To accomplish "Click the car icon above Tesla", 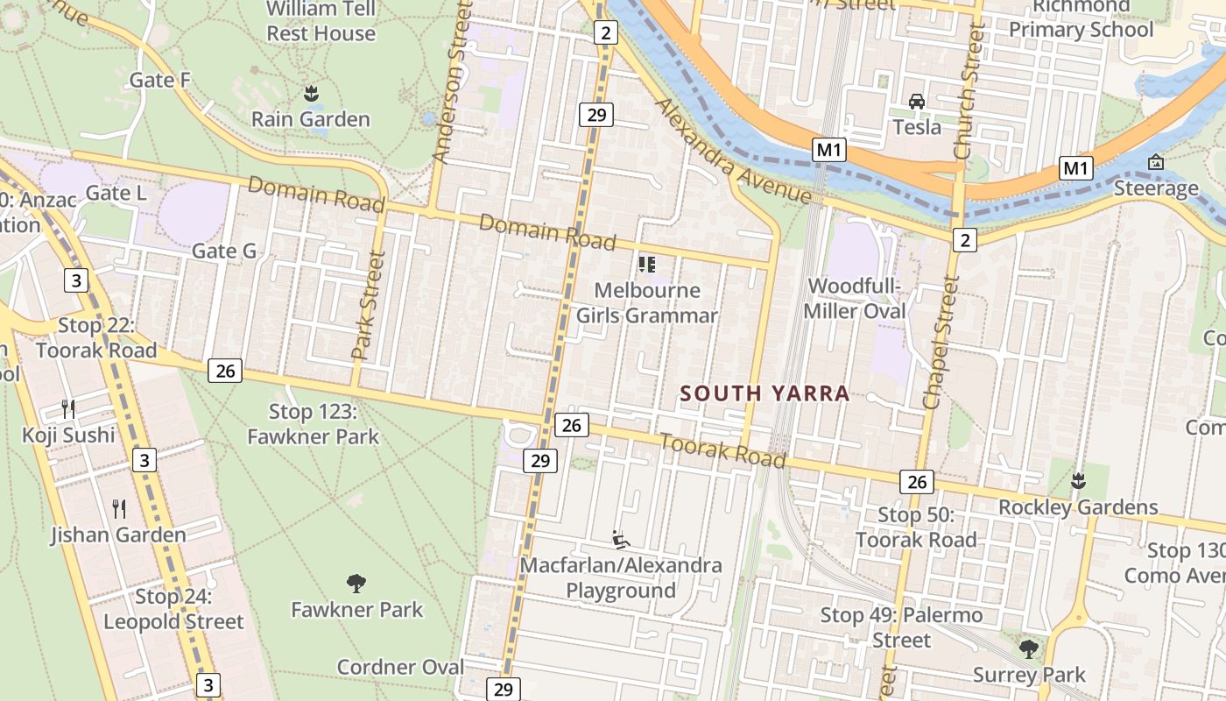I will coord(917,102).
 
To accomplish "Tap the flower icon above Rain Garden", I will coord(311,93).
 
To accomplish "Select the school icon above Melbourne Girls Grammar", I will coord(647,265).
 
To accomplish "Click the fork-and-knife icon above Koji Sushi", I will coord(68,409).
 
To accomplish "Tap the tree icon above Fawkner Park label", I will coord(356,584).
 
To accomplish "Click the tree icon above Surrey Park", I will coord(1029,649).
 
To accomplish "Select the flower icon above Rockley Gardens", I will coord(1078,481).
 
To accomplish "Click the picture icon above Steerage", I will coord(1156,162).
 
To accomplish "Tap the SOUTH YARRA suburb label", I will coord(765,393).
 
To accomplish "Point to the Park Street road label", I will coord(369,305).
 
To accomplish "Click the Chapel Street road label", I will coord(941,343).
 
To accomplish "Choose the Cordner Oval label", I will coord(400,667).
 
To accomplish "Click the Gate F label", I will coord(159,81).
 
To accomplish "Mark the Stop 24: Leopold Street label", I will coord(173,610).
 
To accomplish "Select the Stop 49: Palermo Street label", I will coord(901,628).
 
